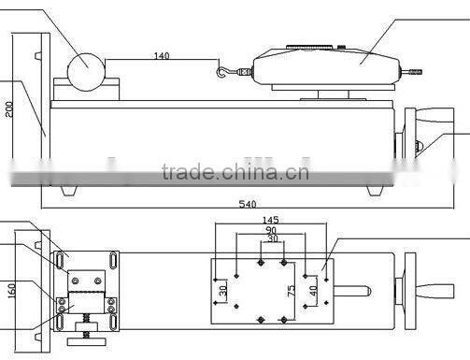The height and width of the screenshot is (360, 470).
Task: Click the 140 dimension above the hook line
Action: (x=161, y=56)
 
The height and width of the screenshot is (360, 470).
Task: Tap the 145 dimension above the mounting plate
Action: (x=270, y=221)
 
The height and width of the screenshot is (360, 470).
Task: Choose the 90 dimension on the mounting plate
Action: (x=270, y=230)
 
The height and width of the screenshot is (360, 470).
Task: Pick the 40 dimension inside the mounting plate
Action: (x=312, y=291)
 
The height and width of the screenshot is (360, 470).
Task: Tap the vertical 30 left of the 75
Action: (x=222, y=291)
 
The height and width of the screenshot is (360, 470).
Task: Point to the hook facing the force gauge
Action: (x=223, y=70)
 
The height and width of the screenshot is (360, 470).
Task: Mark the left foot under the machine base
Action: (x=68, y=191)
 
